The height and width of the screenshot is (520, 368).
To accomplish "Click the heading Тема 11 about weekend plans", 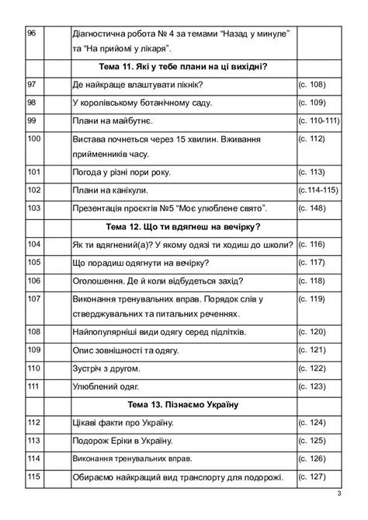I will (x=183, y=66).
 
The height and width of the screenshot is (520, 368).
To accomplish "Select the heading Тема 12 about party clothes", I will (x=183, y=226).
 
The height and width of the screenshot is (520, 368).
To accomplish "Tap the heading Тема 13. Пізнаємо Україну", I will (x=183, y=405).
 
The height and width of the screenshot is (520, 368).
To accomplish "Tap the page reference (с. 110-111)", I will (x=319, y=121).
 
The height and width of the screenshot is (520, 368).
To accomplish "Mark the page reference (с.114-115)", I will (x=319, y=190).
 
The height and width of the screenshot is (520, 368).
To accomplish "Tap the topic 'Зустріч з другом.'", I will (x=106, y=368).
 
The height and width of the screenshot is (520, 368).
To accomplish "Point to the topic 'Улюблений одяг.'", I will (x=104, y=386).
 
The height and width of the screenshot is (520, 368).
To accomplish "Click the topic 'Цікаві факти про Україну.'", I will (x=123, y=423).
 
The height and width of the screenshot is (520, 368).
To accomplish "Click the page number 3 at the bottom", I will (x=339, y=494).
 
